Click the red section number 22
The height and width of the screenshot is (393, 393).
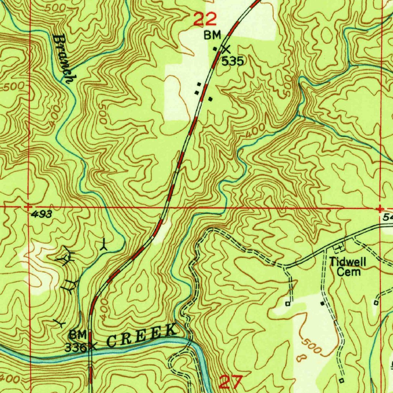[x=205, y=19]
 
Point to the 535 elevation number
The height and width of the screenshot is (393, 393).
[x=233, y=61]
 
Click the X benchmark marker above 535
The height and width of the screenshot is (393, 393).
[x=226, y=49]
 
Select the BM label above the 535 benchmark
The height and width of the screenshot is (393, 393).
[x=212, y=36]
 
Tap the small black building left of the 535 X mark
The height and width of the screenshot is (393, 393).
[x=215, y=48]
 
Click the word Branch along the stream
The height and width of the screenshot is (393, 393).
[x=63, y=59]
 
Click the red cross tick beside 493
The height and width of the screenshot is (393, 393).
[x=28, y=206]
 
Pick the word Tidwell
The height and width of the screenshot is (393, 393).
[x=348, y=263]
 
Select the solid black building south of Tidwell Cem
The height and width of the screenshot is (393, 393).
[x=322, y=303]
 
